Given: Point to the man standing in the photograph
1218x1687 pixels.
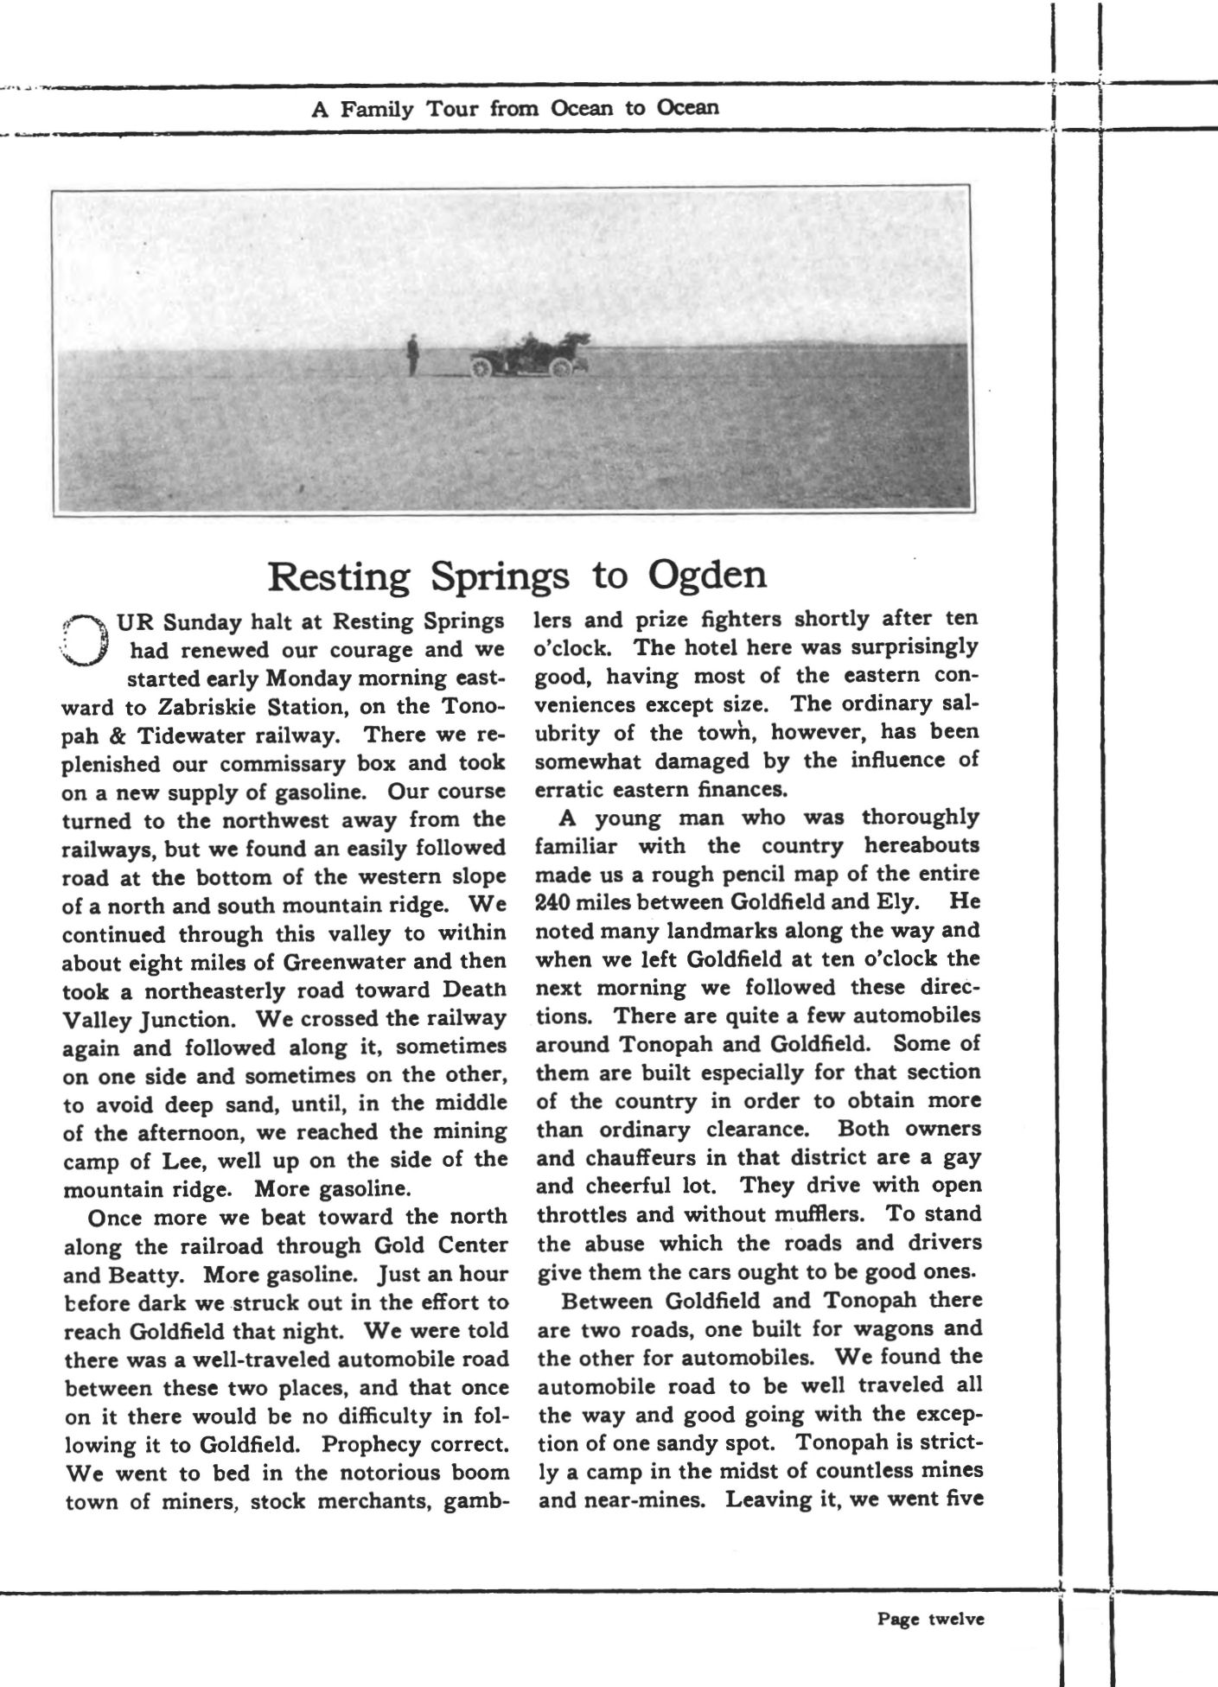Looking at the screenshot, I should click(x=413, y=355).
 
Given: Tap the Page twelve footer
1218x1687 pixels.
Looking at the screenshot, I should click(x=930, y=1620).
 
